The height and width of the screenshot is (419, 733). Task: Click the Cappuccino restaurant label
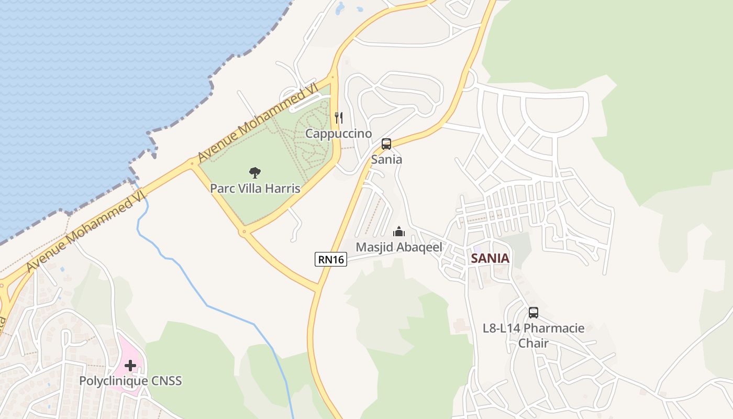pos(338,134)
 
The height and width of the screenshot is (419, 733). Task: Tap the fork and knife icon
pos(339,118)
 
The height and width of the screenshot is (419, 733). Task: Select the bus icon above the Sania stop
pos(386,144)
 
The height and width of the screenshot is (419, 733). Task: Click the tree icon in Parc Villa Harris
pos(255,172)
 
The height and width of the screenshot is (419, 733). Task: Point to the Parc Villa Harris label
pos(255,188)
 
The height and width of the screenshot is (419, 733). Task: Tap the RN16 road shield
pos(331,259)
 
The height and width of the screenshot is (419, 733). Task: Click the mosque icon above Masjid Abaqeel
pos(399,231)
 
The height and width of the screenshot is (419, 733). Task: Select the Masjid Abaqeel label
pos(399,247)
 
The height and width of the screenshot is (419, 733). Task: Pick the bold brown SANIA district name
pos(490,258)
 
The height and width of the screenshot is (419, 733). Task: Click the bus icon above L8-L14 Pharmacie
pos(534,313)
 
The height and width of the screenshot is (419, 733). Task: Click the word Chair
pos(534,344)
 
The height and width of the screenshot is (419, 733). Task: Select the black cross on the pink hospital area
pos(130,365)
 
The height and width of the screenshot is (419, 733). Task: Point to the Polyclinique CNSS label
pos(130,381)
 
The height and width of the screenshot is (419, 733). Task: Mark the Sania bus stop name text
pos(386,159)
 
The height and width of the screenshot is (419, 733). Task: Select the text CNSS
pos(166,381)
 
